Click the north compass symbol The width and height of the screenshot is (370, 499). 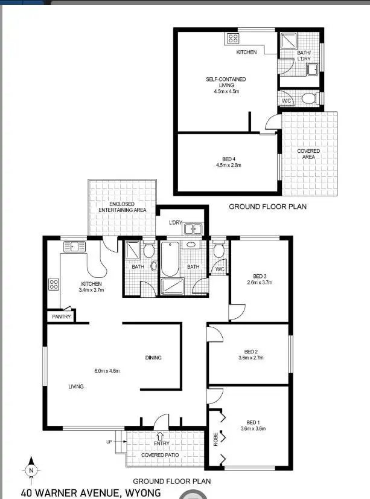(x=31, y=469)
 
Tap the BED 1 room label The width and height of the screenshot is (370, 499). (x=253, y=422)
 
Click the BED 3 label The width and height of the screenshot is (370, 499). (x=260, y=275)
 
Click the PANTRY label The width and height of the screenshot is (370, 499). (x=62, y=317)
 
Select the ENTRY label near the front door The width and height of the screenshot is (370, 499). (x=161, y=443)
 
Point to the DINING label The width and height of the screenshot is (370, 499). (x=153, y=358)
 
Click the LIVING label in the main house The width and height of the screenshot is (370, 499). (x=75, y=386)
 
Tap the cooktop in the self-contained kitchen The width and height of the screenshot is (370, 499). (x=233, y=39)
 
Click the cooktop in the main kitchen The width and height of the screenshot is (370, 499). (x=53, y=284)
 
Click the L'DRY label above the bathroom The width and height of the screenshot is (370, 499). (x=176, y=224)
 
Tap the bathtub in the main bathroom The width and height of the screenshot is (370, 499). (x=168, y=257)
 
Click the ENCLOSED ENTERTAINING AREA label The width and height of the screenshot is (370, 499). (x=122, y=207)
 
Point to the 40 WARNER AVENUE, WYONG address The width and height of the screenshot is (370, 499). (x=91, y=492)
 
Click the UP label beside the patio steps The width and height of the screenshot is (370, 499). (x=109, y=442)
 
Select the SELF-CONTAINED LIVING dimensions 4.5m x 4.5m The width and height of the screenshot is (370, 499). (x=226, y=92)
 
